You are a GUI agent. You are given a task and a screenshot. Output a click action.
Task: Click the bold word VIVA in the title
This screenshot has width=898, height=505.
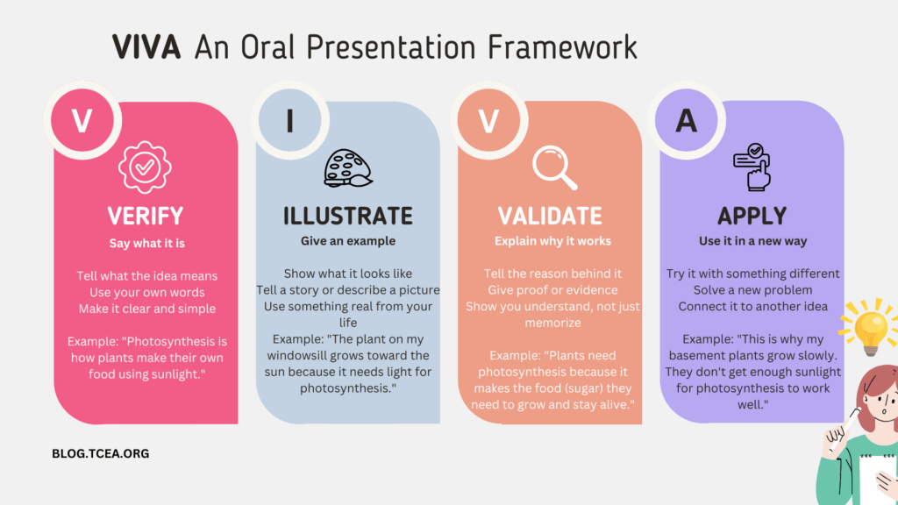point(146,47)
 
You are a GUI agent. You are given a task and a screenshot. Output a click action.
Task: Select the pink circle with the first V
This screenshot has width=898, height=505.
point(82,120)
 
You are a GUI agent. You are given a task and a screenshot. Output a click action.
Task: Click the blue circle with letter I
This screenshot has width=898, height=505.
point(289,120)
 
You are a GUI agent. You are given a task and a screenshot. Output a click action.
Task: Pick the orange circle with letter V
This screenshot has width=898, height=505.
point(488,120)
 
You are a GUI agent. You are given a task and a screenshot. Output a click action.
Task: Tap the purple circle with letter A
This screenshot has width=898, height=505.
point(686,120)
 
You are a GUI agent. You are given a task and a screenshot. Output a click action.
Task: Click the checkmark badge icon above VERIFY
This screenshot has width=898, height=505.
point(145,167)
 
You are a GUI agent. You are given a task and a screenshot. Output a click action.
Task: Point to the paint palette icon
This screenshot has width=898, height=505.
point(348,168)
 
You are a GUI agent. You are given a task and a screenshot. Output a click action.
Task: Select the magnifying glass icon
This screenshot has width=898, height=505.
point(554,167)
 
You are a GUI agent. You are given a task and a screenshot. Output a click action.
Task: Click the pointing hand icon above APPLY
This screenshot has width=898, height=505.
point(752,167)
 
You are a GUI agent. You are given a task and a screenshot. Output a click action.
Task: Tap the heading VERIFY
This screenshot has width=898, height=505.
point(146,216)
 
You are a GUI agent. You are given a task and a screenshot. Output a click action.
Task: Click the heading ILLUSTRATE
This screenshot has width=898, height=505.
point(348,216)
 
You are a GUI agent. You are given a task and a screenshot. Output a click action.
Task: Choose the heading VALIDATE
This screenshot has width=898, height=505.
point(550,216)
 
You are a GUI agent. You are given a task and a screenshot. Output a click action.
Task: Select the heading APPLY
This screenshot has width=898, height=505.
point(752,216)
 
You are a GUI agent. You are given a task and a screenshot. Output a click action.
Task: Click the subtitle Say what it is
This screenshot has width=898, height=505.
point(147,244)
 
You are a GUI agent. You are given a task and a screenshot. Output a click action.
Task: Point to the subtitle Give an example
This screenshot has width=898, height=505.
point(348,241)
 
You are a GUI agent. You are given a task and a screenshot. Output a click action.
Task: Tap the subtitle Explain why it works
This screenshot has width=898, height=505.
point(552,241)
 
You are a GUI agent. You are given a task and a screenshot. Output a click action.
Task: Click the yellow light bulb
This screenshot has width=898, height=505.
point(870,326)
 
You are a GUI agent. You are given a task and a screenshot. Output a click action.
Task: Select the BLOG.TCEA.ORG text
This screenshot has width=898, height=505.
point(101,453)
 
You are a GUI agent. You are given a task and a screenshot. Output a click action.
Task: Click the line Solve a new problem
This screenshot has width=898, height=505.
point(752,289)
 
